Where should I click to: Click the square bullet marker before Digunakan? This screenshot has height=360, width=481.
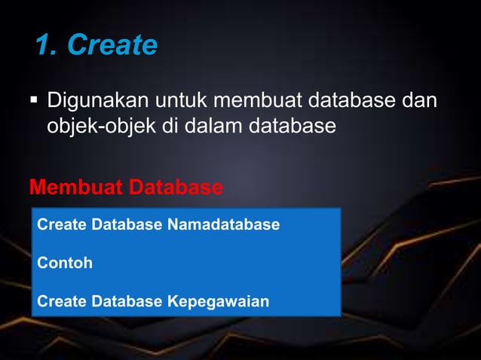[x=35, y=100]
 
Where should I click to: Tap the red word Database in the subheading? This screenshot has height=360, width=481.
[x=176, y=187]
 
